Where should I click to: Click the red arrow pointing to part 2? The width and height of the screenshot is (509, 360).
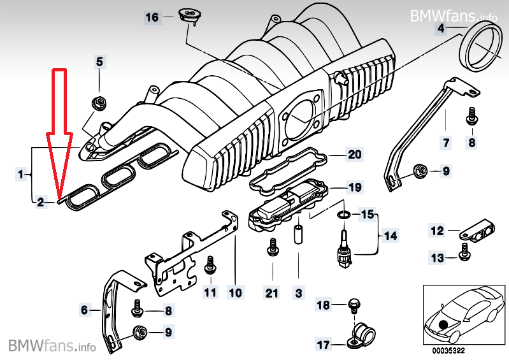pos(58,127)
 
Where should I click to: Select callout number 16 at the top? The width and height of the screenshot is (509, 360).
pos(152,17)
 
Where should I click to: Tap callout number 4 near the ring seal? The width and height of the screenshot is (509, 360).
pos(441,29)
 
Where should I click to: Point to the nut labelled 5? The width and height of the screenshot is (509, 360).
pos(99,102)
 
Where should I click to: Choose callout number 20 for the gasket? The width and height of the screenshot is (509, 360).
pos(354,154)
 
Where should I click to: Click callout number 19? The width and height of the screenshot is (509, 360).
pos(354,187)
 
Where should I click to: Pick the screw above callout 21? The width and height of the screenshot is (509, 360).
pos(273,246)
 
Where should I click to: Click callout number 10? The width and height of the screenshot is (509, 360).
pos(236,293)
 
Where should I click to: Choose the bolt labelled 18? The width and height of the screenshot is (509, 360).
pos(354,304)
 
